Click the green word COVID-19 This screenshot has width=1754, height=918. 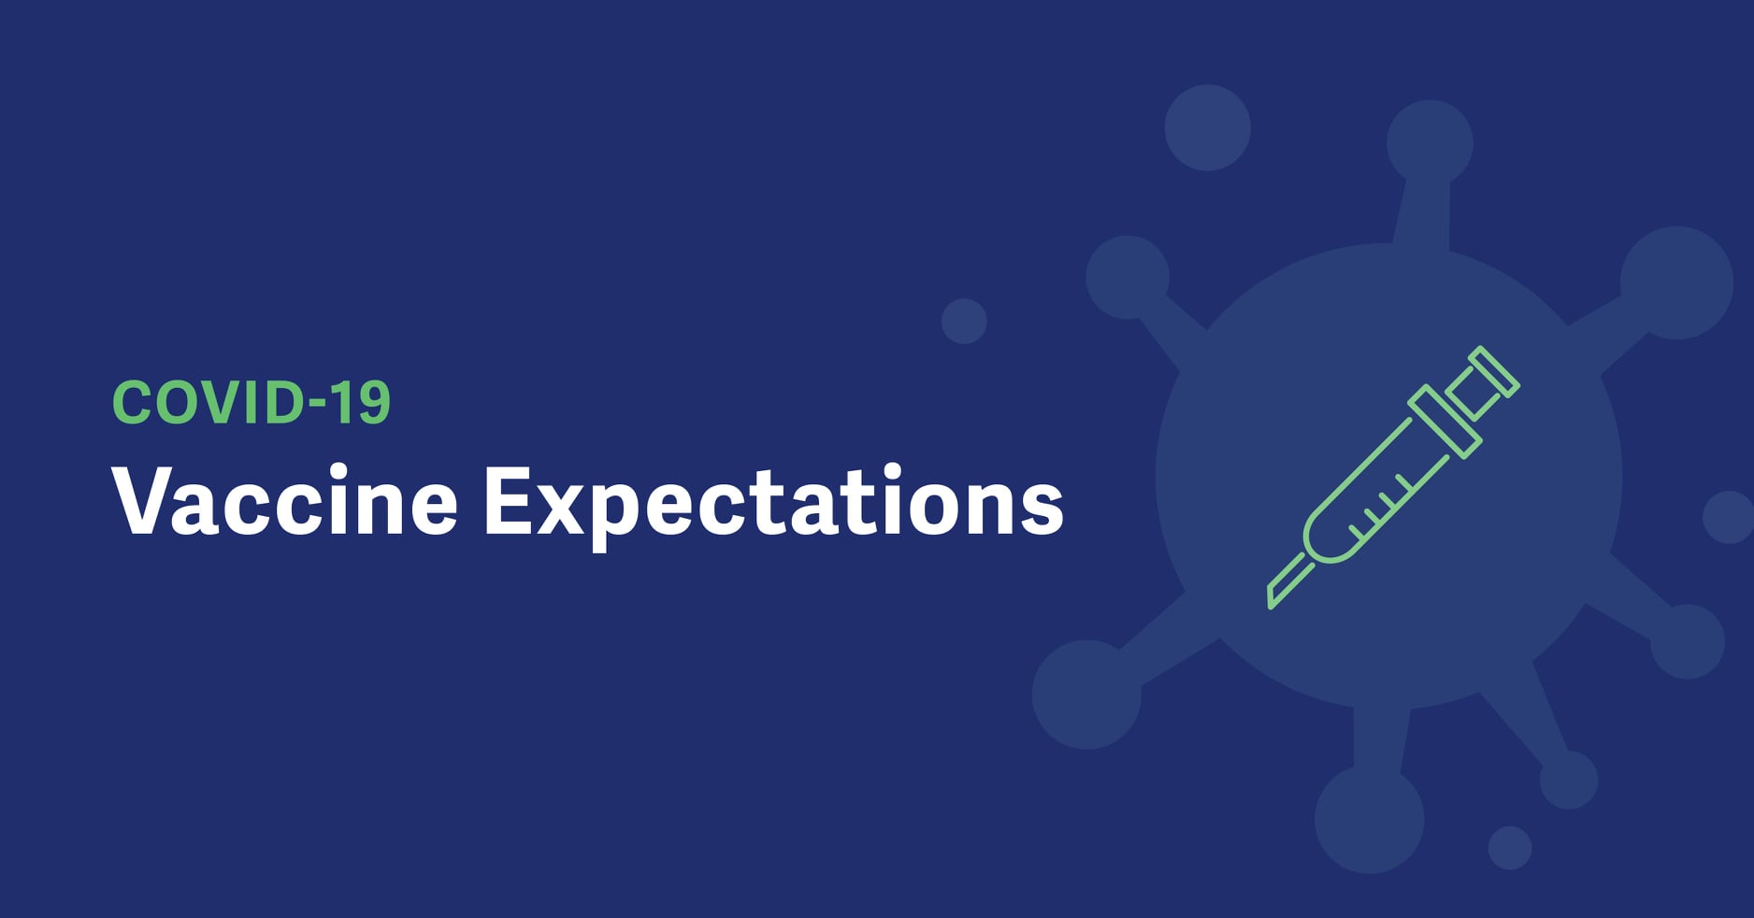[x=251, y=402]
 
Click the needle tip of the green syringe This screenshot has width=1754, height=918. [x=1272, y=603]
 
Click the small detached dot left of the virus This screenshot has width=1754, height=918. [x=964, y=321]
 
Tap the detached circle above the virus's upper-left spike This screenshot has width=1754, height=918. [x=1207, y=128]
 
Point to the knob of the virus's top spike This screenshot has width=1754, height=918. [x=1430, y=143]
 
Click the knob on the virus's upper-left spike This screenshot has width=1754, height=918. [x=1128, y=277]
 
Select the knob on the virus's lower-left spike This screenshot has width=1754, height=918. [x=1086, y=695]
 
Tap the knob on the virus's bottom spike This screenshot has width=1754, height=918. [x=1370, y=819]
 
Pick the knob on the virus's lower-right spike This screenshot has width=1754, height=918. [x=1688, y=641]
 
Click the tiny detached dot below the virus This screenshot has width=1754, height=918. [x=1510, y=848]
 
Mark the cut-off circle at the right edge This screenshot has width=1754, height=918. [x=1730, y=517]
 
